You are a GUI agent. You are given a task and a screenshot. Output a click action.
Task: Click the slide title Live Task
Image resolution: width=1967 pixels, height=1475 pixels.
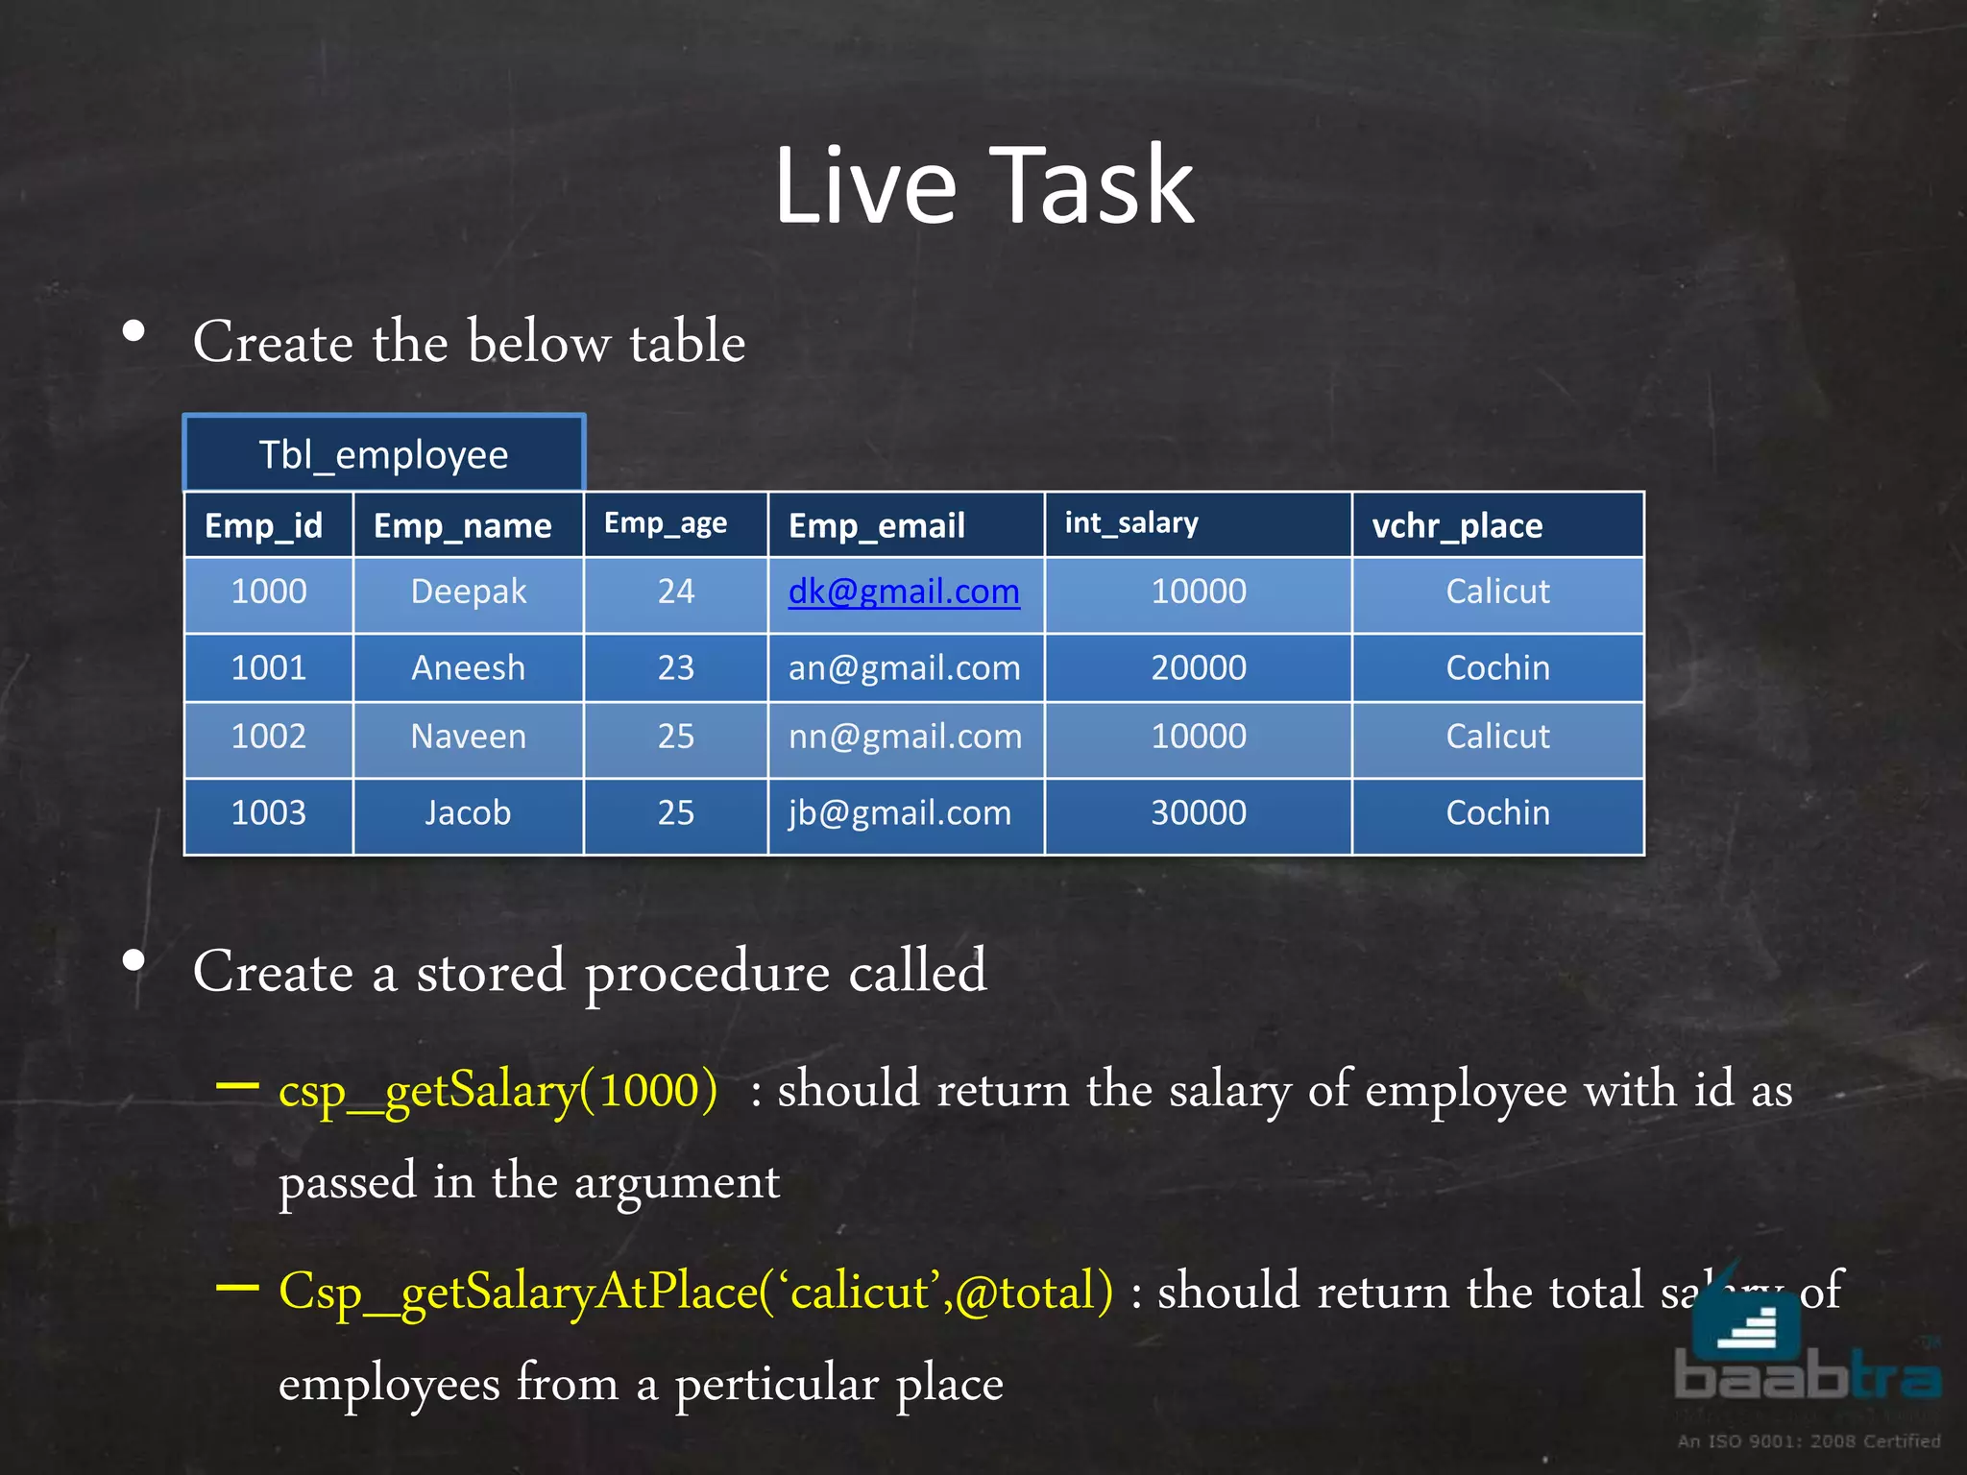coord(983,184)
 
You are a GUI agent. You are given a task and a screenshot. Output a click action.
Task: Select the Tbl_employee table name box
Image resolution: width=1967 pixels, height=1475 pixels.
coord(383,453)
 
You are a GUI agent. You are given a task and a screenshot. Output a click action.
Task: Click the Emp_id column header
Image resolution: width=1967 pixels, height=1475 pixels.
coord(264,525)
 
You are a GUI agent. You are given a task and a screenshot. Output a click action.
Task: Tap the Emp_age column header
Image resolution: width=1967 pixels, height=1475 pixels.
coord(666,523)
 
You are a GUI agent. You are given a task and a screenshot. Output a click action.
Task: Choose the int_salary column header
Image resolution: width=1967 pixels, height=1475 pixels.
coord(1131,523)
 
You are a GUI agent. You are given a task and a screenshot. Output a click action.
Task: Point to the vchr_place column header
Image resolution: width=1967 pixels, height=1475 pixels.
coord(1457,525)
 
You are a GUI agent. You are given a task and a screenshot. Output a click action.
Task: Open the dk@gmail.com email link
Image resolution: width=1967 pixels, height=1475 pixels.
coord(903,592)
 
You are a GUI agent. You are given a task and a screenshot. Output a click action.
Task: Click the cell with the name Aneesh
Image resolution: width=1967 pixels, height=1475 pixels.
coord(468,667)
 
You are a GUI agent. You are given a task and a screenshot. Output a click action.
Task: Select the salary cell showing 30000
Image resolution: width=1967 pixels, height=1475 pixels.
coord(1199,813)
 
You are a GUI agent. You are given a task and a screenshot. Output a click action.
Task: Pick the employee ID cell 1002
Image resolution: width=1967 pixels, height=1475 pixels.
coord(269,737)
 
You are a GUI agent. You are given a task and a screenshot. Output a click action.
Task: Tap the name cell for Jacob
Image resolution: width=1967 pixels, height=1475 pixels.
coord(468,813)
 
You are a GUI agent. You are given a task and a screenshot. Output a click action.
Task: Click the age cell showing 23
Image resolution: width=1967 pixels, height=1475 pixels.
coord(675,667)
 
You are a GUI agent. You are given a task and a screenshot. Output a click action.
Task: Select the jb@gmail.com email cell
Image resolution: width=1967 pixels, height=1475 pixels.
coord(900,813)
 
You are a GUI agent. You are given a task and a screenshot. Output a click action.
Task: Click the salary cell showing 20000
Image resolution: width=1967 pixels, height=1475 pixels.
coord(1199,667)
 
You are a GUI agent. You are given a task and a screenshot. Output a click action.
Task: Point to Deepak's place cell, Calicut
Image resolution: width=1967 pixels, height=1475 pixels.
coord(1497,592)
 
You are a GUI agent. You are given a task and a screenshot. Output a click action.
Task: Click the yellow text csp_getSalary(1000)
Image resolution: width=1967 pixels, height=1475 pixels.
coord(498,1091)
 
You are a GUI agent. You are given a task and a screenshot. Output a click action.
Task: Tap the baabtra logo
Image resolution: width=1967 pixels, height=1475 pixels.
coord(1806,1354)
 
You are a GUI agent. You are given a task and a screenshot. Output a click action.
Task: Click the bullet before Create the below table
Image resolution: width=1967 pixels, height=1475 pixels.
coord(134,332)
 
